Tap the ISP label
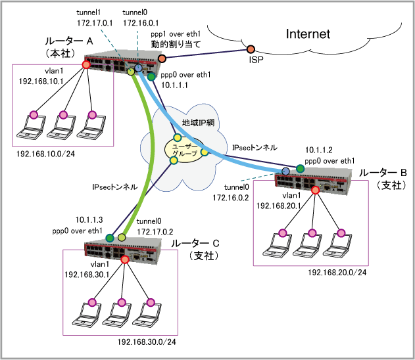click(256, 60)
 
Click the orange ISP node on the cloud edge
click(251, 50)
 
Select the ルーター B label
click(383, 173)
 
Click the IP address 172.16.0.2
click(233, 196)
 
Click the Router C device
click(125, 248)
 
